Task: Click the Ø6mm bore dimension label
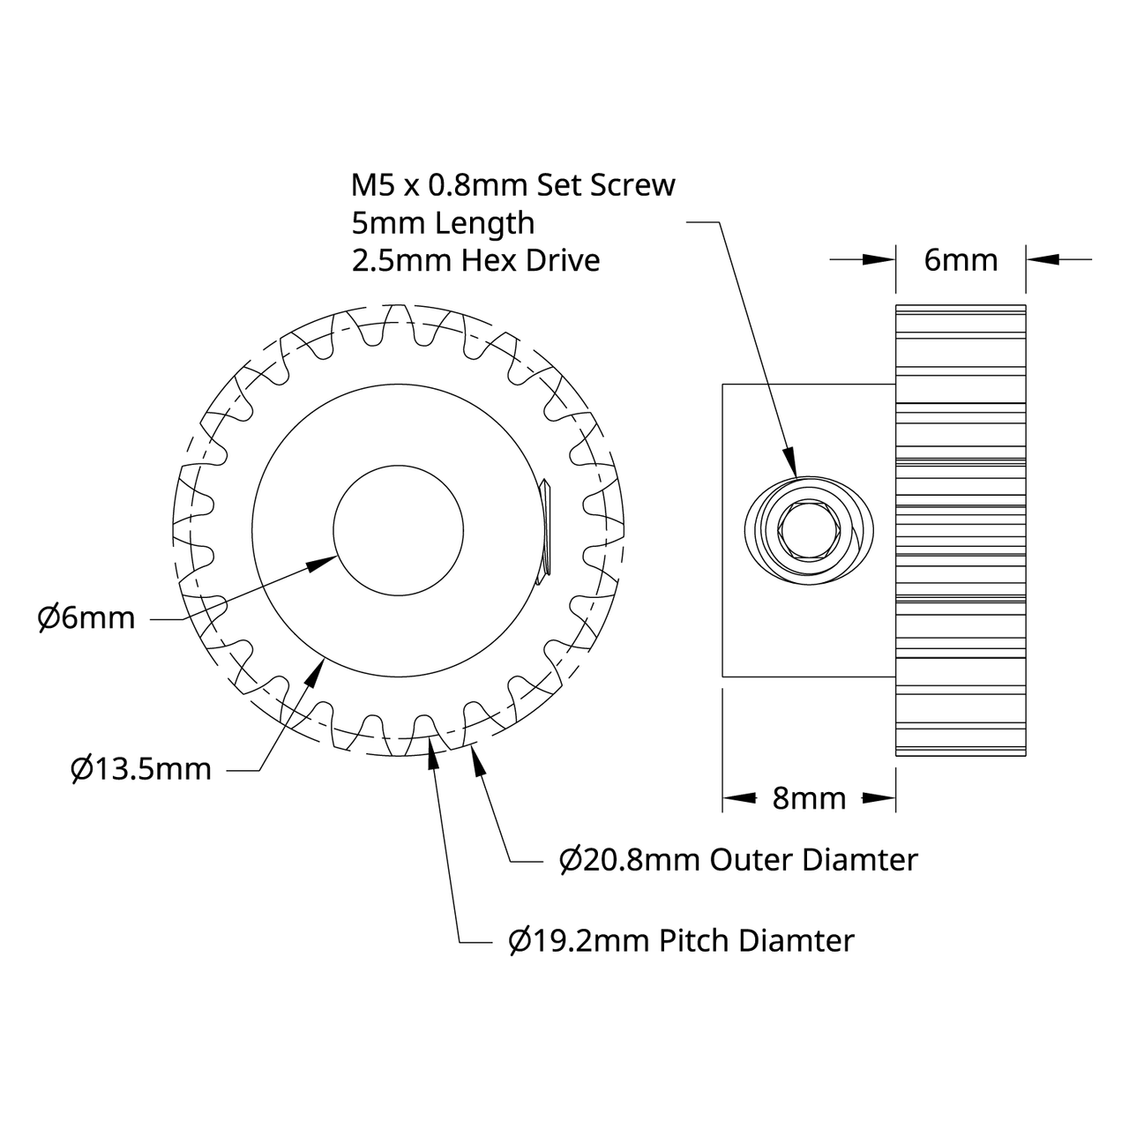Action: [x=86, y=618]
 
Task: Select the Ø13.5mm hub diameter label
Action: [x=141, y=769]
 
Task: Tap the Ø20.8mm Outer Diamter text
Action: [x=739, y=859]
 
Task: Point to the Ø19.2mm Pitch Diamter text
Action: [x=682, y=940]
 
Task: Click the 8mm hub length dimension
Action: [x=809, y=798]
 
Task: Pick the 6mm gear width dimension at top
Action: [x=961, y=259]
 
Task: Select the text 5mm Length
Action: [x=443, y=222]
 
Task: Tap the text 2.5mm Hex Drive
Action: [x=475, y=260]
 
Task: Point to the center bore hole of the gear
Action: [x=399, y=530]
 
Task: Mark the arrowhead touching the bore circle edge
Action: [x=324, y=562]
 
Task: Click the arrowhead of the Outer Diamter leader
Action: [x=480, y=760]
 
